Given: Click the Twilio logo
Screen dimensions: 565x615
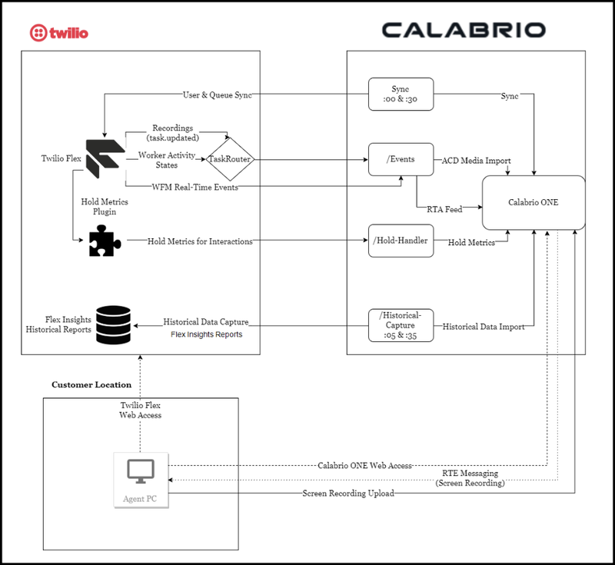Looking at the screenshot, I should tap(59, 33).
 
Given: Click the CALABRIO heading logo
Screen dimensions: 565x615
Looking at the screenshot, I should tap(464, 31).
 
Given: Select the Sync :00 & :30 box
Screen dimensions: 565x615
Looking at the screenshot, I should tap(401, 96).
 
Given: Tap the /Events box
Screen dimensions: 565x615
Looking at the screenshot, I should tap(401, 159).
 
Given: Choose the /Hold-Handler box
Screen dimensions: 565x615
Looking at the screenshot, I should tap(401, 241).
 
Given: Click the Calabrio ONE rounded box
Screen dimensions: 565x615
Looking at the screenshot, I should tap(534, 203).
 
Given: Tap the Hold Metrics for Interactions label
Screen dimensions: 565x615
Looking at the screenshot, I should tap(200, 241).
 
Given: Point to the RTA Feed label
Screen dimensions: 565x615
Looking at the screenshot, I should tap(445, 208).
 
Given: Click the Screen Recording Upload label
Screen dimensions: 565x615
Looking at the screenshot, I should tap(347, 494).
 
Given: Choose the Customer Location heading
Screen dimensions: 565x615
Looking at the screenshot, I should tap(91, 384).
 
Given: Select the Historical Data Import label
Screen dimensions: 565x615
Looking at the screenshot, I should tap(484, 327).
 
